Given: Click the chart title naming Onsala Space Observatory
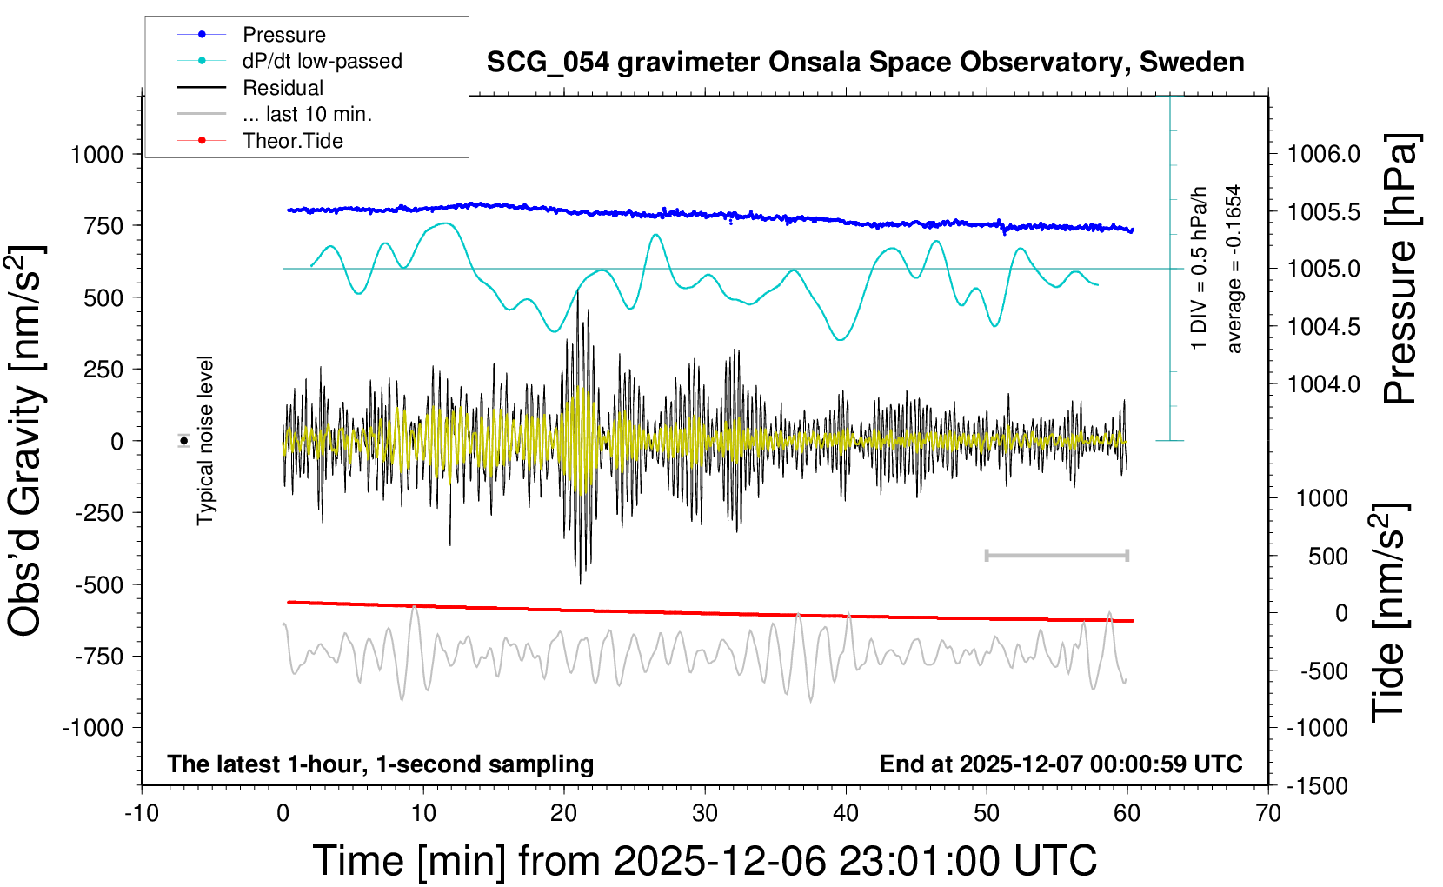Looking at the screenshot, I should pos(865,63).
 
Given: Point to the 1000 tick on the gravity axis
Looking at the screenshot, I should pos(97,155).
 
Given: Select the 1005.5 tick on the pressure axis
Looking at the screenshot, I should pos(1323,212).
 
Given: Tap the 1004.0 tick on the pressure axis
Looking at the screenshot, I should pos(1323,383).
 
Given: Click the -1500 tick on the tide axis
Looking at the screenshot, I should pos(1318,786).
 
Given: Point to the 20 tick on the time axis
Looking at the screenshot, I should pos(563,814).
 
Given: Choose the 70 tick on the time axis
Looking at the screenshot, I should pos(1268,814).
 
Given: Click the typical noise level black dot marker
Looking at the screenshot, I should pos(184,441).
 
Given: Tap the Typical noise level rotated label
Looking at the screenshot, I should pos(205,440).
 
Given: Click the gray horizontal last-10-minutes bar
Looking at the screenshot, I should pos(1056,555).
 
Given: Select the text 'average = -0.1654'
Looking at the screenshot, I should pos(1234,269).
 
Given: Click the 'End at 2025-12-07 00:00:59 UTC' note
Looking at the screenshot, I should pos(1061,764).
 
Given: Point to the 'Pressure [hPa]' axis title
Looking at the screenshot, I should pos(1400,269).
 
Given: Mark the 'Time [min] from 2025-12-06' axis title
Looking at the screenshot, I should pos(704,861).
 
